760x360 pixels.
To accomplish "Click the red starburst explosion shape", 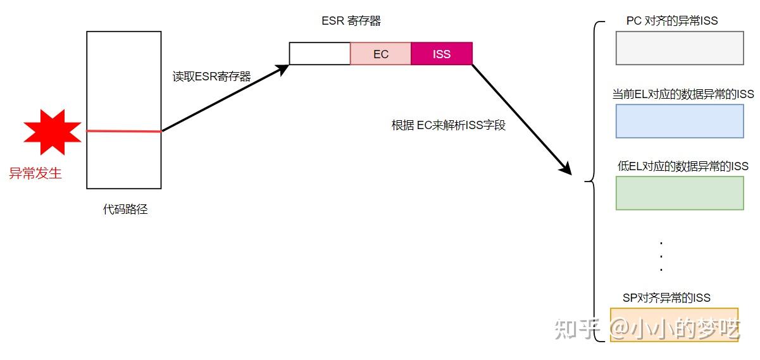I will pos(53,132).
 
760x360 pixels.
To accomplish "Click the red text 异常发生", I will pos(35,173).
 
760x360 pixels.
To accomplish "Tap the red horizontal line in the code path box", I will pos(123,131).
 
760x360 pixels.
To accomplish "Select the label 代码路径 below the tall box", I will pos(125,209).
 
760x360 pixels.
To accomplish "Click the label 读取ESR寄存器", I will pos(212,77).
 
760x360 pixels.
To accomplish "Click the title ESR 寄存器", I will pos(351,21).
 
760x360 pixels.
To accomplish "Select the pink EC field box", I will pos(380,54).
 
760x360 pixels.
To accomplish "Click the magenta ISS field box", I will pos(442,54).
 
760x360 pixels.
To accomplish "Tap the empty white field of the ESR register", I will pos(320,54).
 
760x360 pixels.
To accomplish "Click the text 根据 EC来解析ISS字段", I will pos(448,125).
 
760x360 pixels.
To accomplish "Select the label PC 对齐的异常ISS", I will pos(672,21).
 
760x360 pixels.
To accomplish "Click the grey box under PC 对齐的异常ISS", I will pos(679,48).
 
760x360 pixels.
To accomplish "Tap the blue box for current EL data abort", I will pos(679,121).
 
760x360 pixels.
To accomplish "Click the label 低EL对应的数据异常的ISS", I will pos(683,166).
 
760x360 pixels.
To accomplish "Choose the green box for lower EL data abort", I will pos(679,193).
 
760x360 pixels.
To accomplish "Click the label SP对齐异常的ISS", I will pos(666,297).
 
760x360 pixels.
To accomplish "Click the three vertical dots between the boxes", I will pos(661,256).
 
